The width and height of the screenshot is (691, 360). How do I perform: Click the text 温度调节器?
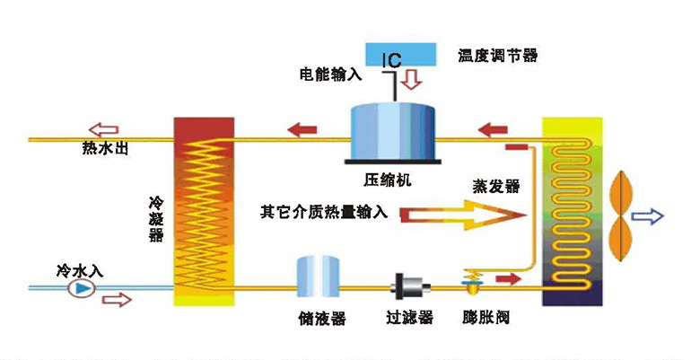tap(498, 56)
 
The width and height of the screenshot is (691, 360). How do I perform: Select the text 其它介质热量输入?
tap(323, 214)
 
